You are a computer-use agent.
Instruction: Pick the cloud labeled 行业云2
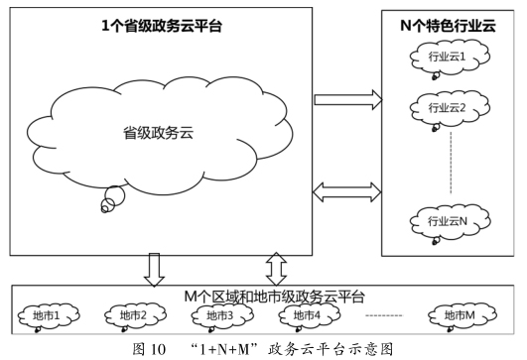(447, 107)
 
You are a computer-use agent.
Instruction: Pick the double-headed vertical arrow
(277, 266)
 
